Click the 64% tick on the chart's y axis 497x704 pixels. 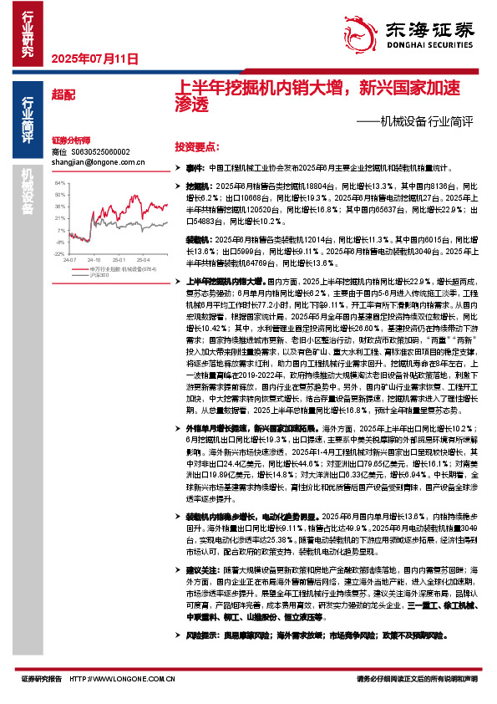pyautogui.click(x=58, y=181)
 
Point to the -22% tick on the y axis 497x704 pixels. pyautogui.click(x=58, y=253)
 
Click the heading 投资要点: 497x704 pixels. pyautogui.click(x=195, y=145)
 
